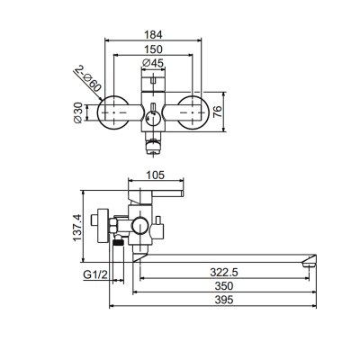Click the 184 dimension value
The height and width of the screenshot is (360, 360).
pyautogui.click(x=153, y=35)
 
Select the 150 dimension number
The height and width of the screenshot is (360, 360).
pyautogui.click(x=153, y=49)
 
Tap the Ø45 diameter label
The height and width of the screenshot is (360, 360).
pyautogui.click(x=153, y=63)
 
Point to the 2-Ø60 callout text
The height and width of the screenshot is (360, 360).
pyautogui.click(x=88, y=78)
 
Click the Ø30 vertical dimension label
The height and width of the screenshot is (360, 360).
pyautogui.click(x=77, y=112)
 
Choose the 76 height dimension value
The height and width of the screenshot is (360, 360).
pyautogui.click(x=218, y=112)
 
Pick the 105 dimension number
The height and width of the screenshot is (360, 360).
pyautogui.click(x=156, y=175)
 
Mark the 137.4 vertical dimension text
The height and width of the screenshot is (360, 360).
pyautogui.click(x=76, y=227)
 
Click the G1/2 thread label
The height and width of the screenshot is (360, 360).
pyautogui.click(x=95, y=274)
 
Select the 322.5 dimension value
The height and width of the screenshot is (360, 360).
pyautogui.click(x=224, y=273)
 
